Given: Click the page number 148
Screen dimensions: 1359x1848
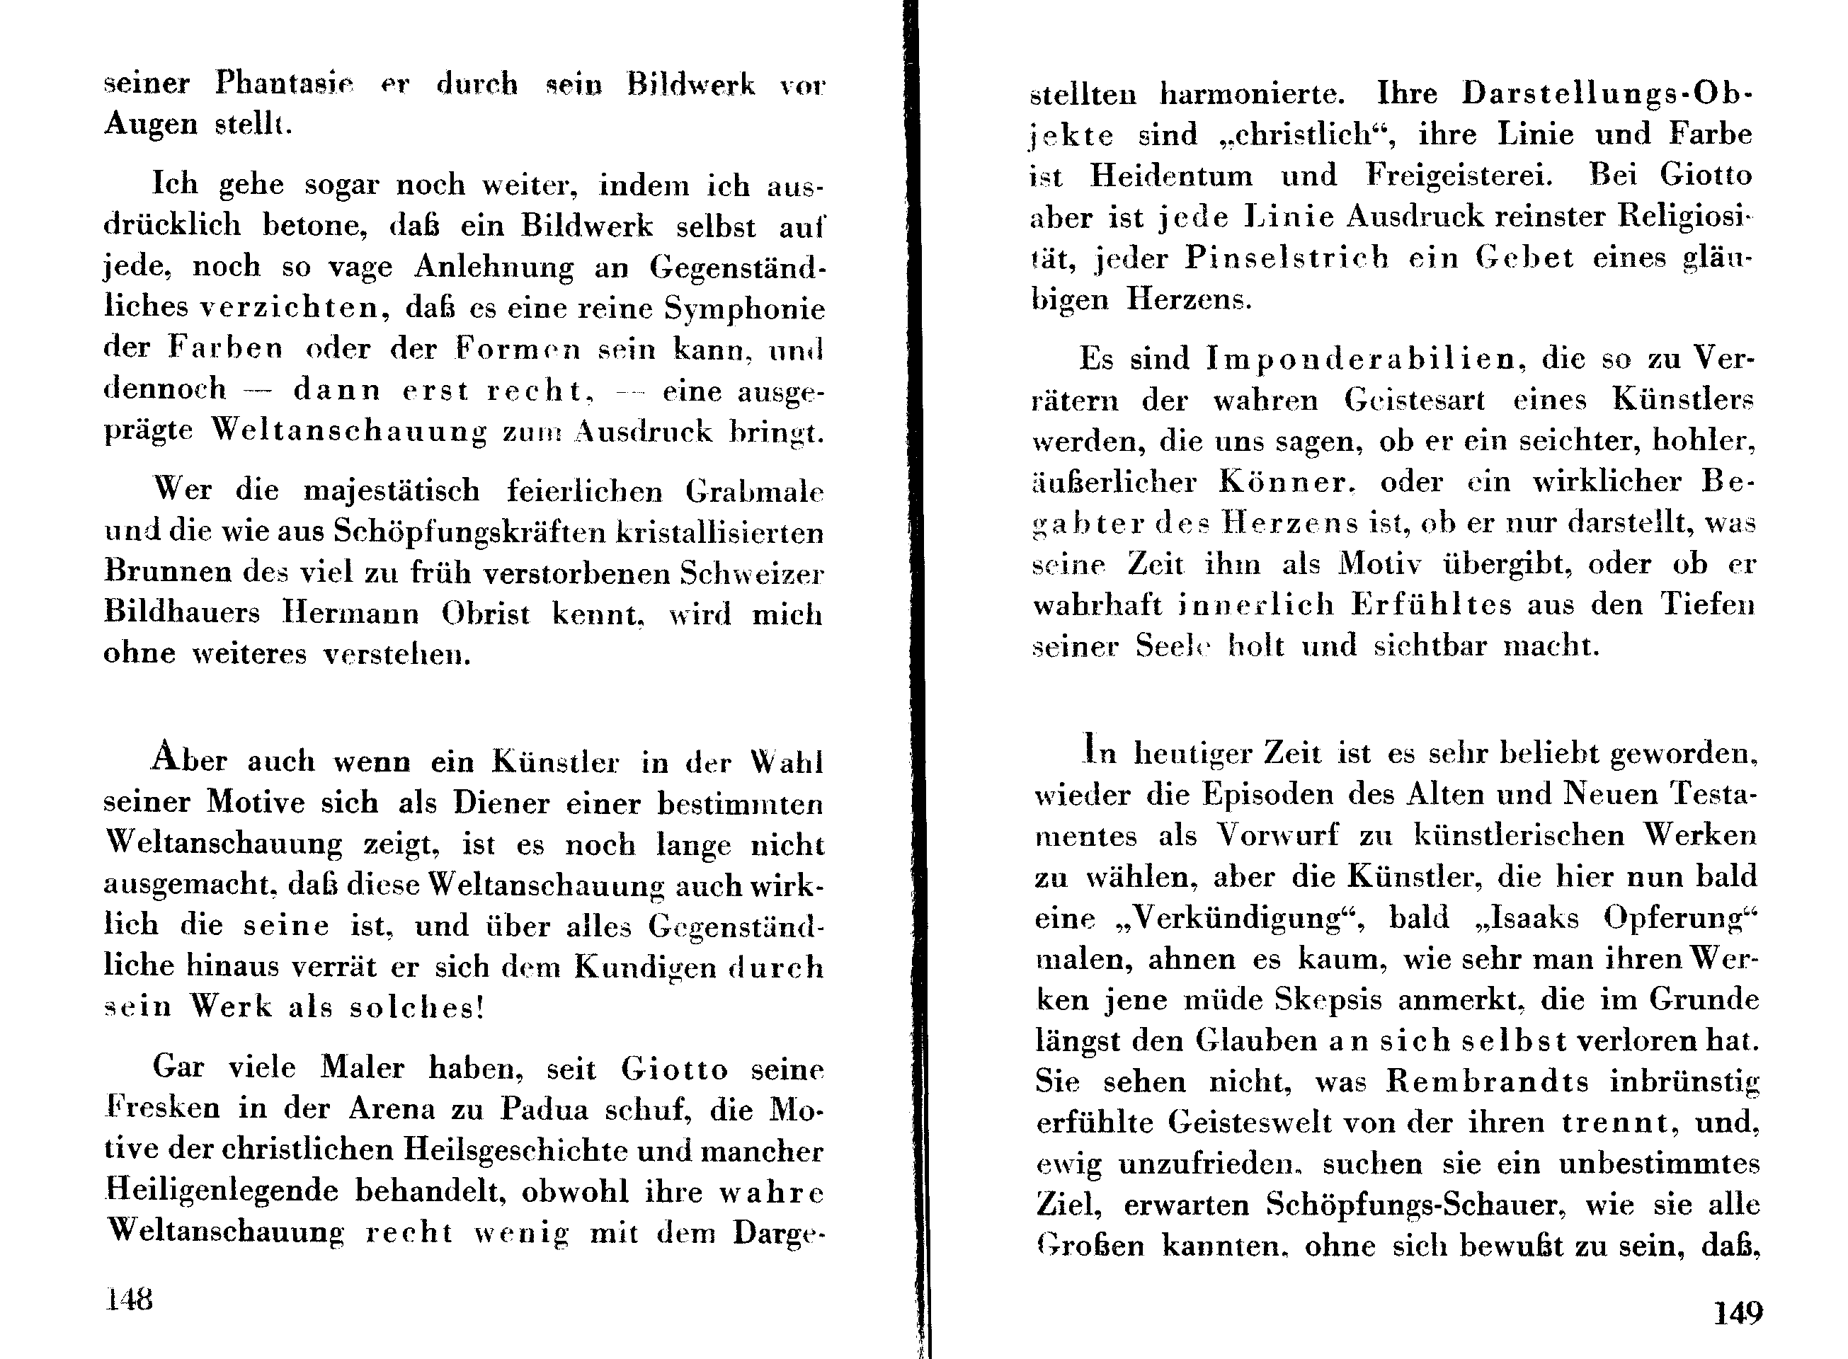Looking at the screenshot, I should [x=129, y=1300].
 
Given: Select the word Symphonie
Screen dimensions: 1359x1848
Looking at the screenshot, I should [x=744, y=309].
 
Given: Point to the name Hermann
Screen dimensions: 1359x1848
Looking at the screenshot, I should [x=350, y=614].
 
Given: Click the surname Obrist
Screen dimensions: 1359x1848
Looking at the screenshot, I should [x=486, y=614].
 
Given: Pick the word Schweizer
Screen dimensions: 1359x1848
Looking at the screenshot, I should [x=751, y=573].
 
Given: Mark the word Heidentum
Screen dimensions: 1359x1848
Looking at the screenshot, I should [x=1172, y=176].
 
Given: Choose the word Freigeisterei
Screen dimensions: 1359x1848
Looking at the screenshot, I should [x=1447, y=176].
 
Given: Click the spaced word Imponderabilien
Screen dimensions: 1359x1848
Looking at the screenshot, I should [x=1361, y=359].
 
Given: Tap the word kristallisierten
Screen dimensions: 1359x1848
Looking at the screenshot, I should [x=720, y=533].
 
